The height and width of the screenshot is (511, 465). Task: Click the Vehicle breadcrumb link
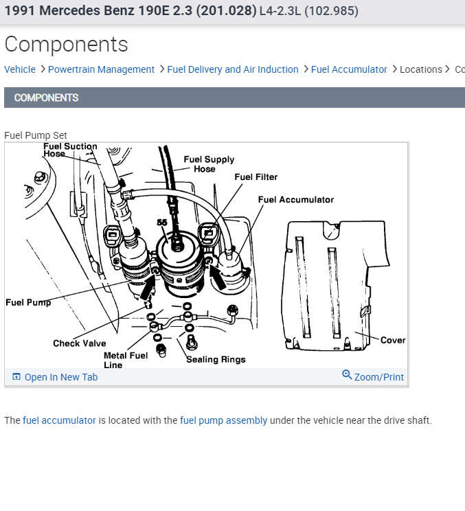coord(20,69)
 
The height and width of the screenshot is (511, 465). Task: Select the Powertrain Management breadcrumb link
coord(101,69)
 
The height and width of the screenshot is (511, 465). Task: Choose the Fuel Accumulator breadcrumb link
coord(349,69)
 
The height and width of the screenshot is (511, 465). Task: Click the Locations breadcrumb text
coord(421,69)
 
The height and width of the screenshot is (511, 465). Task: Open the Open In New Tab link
coord(55,377)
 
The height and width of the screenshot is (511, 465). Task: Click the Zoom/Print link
coord(373,376)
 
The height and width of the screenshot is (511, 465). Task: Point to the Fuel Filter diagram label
coord(256,177)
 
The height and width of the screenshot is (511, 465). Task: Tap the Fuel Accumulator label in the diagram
coord(295,200)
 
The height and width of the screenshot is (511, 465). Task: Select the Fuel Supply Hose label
coord(209,164)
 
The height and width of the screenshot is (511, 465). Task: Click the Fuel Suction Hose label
coord(70,150)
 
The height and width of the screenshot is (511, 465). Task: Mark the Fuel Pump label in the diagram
coord(28,302)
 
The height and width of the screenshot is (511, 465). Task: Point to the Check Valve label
coord(80,343)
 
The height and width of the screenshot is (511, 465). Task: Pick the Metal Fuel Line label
coord(126,360)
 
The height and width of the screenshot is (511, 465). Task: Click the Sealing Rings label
coord(216,359)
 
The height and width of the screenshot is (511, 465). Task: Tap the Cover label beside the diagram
coord(393,340)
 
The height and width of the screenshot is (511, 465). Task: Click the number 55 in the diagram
coord(162,223)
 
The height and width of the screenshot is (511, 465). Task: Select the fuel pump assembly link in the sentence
coord(223,420)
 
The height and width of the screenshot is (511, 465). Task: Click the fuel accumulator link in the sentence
coord(59,420)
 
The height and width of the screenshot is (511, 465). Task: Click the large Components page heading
coord(66,44)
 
